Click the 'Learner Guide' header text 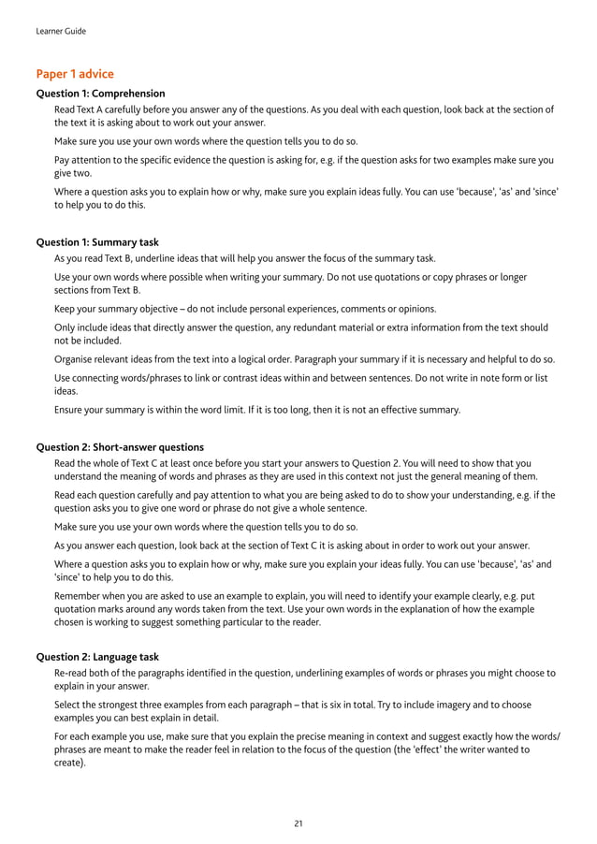60,31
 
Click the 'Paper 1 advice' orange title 75,74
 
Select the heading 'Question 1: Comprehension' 100,94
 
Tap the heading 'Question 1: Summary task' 97,241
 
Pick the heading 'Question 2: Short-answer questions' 120,447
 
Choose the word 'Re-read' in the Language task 72,673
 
